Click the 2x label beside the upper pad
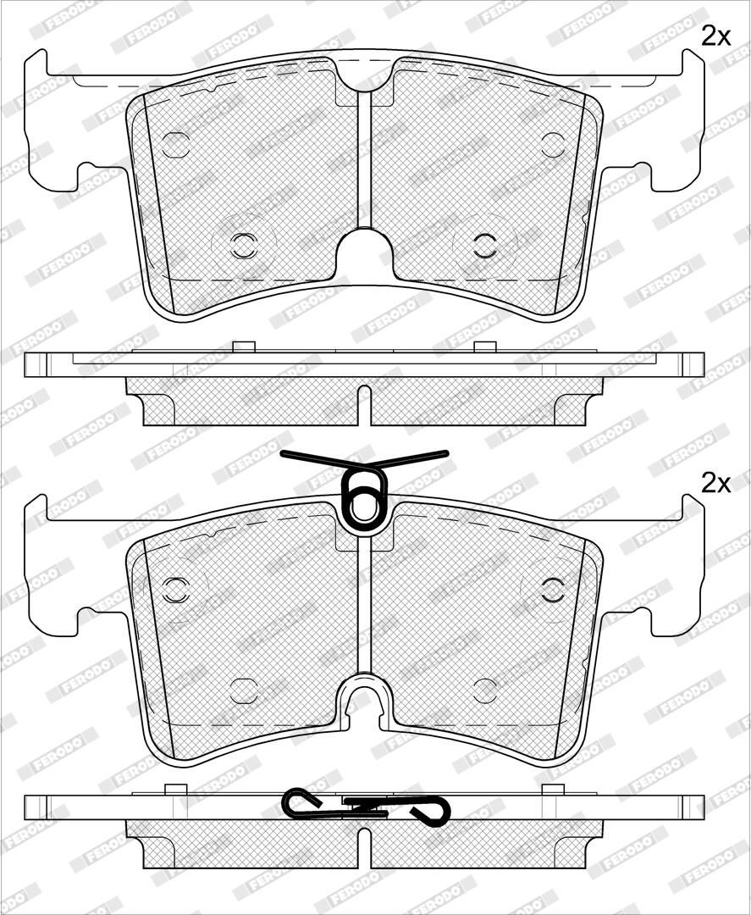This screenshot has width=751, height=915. tap(715, 36)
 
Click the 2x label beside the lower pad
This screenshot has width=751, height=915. tap(715, 483)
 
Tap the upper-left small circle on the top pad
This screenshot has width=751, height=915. tap(175, 146)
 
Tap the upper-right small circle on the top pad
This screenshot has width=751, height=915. tap(553, 146)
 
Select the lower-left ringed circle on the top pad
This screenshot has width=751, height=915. tap(244, 246)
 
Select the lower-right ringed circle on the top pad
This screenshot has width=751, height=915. tap(485, 246)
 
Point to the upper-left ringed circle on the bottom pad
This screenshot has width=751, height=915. tap(175, 590)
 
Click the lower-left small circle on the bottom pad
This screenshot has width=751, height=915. tap(244, 691)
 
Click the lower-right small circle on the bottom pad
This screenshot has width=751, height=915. tap(485, 691)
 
